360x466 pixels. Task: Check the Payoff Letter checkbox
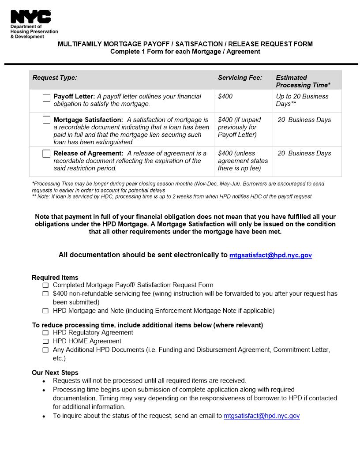pyautogui.click(x=46, y=98)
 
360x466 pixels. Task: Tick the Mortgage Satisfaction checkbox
pyautogui.click(x=46, y=120)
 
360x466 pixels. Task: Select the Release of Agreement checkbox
pyautogui.click(x=46, y=154)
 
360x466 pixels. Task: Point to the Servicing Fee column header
pyautogui.click(x=240, y=78)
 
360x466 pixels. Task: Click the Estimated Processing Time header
pyautogui.click(x=303, y=81)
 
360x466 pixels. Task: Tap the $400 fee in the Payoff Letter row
pyautogui.click(x=225, y=96)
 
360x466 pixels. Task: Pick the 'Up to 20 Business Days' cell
pyautogui.click(x=302, y=100)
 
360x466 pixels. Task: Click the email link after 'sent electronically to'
pyautogui.click(x=270, y=255)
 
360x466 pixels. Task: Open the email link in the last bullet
pyautogui.click(x=262, y=416)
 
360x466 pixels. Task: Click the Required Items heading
pyautogui.click(x=55, y=278)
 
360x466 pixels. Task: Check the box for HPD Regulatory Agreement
pyautogui.click(x=45, y=333)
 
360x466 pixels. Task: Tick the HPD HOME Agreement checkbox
pyautogui.click(x=45, y=341)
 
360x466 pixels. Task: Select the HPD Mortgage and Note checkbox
pyautogui.click(x=45, y=311)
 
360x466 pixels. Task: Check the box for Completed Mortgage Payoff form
pyautogui.click(x=45, y=286)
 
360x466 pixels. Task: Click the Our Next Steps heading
pyautogui.click(x=55, y=372)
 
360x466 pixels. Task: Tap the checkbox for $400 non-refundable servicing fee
pyautogui.click(x=45, y=294)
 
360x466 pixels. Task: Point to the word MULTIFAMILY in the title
pyautogui.click(x=80, y=44)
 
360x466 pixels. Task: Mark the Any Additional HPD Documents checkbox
pyautogui.click(x=45, y=350)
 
